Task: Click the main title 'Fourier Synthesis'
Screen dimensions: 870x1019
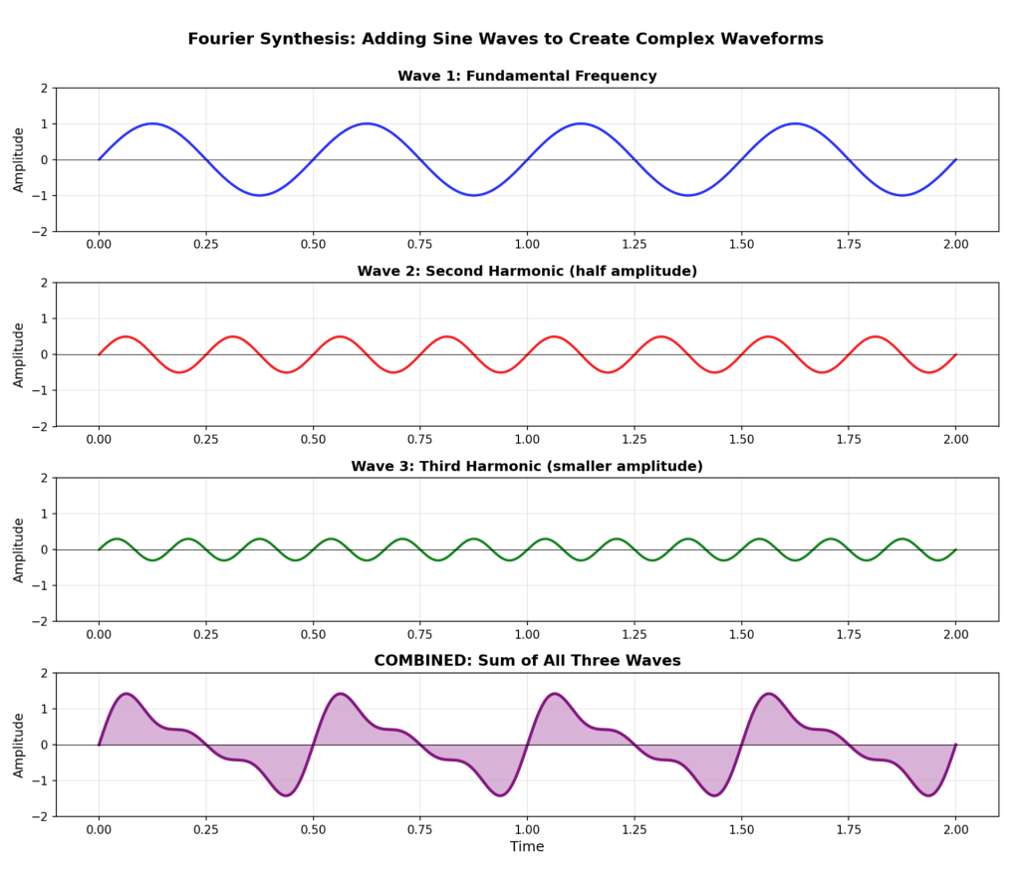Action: (x=505, y=39)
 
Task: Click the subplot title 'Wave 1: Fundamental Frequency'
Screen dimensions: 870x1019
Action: (x=527, y=76)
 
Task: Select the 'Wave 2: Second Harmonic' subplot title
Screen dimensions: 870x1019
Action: (x=527, y=271)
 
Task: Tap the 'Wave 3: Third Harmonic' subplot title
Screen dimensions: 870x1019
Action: (x=527, y=466)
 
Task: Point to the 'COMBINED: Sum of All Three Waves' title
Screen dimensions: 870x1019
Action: (x=527, y=661)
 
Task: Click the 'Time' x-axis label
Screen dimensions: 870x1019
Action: (x=527, y=846)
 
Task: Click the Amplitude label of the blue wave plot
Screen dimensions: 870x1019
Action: (x=19, y=159)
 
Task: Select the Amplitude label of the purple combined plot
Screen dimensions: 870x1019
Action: (x=19, y=745)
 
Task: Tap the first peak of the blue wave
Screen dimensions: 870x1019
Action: (x=152, y=123)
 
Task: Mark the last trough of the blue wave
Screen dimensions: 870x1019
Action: (x=902, y=195)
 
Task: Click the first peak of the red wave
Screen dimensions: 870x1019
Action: (x=126, y=336)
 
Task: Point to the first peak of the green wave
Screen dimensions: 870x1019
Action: (x=117, y=539)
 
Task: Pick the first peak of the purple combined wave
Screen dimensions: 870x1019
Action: (x=127, y=694)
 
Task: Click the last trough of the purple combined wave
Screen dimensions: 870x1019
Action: (x=928, y=795)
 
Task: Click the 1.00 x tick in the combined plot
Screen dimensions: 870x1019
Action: (x=527, y=828)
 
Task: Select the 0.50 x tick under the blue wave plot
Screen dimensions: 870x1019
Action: (x=313, y=243)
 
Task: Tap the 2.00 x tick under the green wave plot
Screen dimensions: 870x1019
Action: (x=955, y=633)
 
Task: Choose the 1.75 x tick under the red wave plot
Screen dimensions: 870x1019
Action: (x=849, y=438)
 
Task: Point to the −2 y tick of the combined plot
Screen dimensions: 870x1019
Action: (x=42, y=816)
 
